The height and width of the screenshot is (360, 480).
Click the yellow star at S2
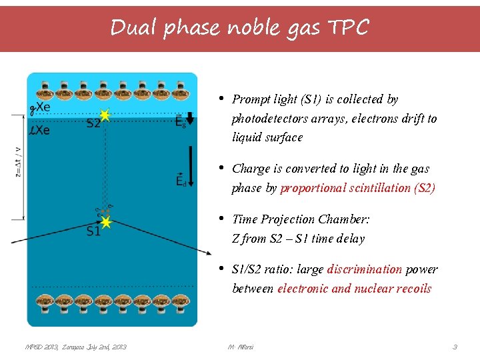104,115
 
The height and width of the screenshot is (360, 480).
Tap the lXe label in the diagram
39,129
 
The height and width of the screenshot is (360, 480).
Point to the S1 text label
93,231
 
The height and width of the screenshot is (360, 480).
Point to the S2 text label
93,123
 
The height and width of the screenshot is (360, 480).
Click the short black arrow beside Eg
189,119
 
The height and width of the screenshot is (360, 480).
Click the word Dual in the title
131,28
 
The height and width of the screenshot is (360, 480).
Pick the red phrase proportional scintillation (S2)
357,188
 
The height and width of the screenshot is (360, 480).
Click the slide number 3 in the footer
455,347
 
